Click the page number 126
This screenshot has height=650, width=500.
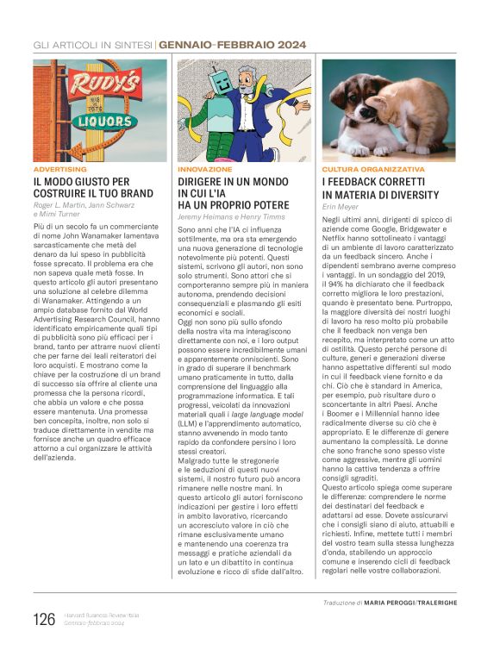click(44, 619)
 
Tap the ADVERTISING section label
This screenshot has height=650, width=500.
click(60, 170)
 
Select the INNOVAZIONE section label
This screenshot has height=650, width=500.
click(205, 170)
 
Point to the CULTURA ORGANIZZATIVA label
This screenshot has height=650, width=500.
click(374, 170)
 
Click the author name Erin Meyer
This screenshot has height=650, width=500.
click(341, 208)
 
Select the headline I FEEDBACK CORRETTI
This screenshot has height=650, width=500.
click(373, 183)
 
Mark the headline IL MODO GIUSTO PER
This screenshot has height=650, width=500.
click(82, 183)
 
